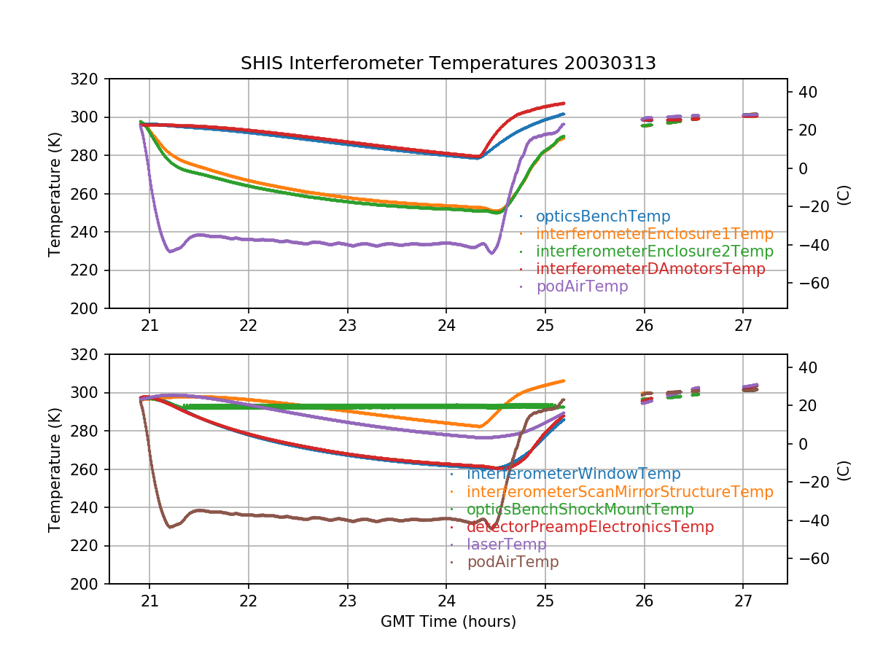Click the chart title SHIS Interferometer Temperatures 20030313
(448, 63)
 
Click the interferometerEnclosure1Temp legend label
(654, 234)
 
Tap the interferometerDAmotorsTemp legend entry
(650, 269)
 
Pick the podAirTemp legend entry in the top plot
(581, 286)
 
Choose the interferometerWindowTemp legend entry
(573, 475)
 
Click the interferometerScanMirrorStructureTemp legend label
(620, 492)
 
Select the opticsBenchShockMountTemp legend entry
(580, 509)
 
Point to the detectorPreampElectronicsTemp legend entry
(590, 527)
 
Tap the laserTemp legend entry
(506, 544)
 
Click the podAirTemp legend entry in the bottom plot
(513, 562)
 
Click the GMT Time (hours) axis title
(448, 622)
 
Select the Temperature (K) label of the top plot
(55, 194)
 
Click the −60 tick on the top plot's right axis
(805, 283)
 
